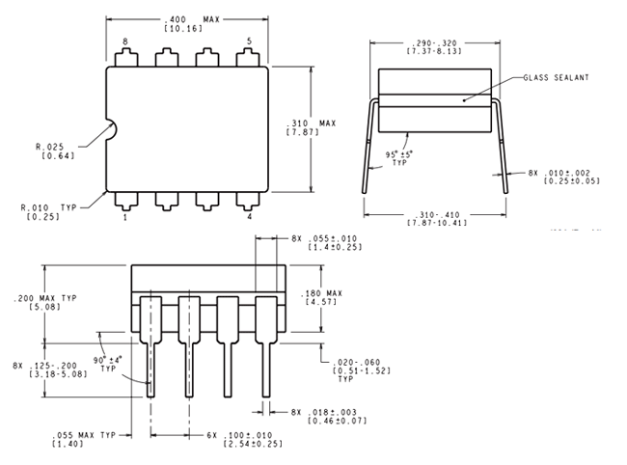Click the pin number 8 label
125,41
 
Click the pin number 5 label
249,41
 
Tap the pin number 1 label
125,217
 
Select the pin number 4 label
249,217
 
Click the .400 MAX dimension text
191,19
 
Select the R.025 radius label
50,147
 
